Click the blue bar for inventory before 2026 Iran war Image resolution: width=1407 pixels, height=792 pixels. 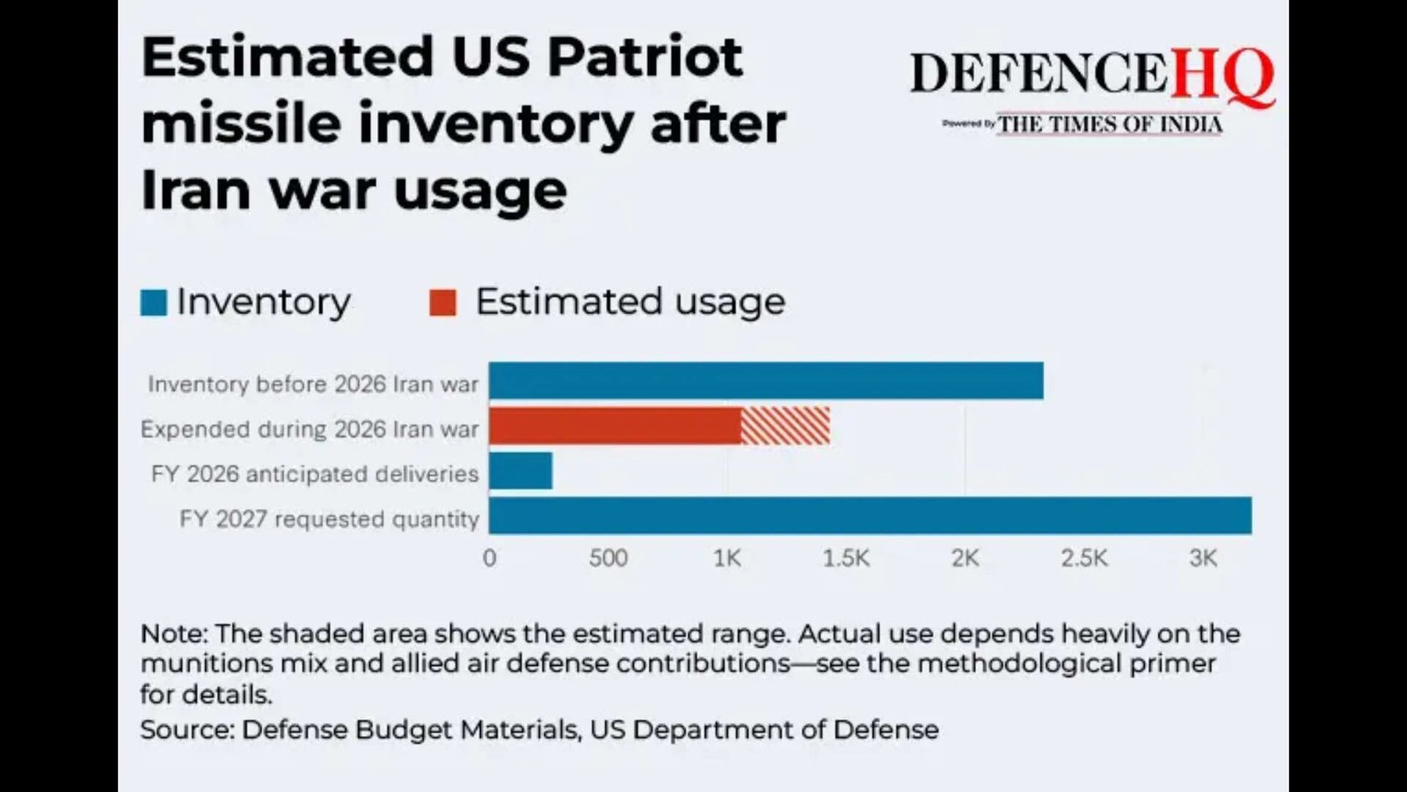click(766, 381)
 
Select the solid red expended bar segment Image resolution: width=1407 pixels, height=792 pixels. click(615, 426)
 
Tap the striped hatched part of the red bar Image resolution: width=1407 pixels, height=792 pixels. click(785, 426)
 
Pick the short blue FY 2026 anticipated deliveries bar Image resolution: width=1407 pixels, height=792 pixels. click(521, 471)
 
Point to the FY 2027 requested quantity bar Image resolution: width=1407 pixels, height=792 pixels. click(870, 516)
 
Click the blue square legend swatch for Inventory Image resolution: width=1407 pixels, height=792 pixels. click(154, 303)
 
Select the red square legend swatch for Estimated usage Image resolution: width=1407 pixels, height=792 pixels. click(442, 303)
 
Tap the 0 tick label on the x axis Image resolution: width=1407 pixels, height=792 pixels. click(490, 558)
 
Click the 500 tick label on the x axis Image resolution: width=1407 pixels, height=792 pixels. click(608, 558)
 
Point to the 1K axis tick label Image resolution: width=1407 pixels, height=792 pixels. click(727, 558)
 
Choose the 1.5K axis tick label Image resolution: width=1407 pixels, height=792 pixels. click(846, 558)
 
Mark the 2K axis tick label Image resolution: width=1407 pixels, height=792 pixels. click(965, 558)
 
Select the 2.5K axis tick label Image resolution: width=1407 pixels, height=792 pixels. click(1083, 558)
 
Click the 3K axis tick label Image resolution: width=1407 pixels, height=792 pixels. click(1203, 558)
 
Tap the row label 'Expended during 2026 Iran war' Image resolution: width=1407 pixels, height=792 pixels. click(310, 429)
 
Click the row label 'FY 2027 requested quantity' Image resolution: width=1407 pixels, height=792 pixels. click(330, 519)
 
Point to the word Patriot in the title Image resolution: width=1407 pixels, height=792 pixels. click(645, 57)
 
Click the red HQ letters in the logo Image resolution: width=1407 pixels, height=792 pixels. click(1222, 74)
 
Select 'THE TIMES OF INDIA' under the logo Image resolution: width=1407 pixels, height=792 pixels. click(1110, 125)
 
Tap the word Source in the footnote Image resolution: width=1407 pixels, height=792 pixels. click(186, 730)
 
